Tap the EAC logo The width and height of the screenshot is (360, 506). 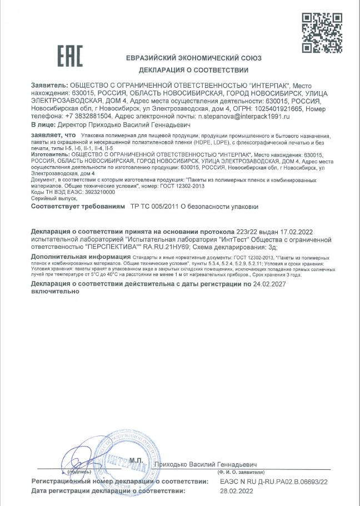coord(70,57)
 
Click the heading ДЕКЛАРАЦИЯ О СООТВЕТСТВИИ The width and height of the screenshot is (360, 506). coord(193,70)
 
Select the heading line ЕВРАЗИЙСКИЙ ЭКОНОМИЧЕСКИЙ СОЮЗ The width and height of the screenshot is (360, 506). coord(193,58)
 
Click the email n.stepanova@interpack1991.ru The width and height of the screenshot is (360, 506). coord(244,118)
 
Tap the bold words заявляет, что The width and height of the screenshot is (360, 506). coord(53,136)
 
